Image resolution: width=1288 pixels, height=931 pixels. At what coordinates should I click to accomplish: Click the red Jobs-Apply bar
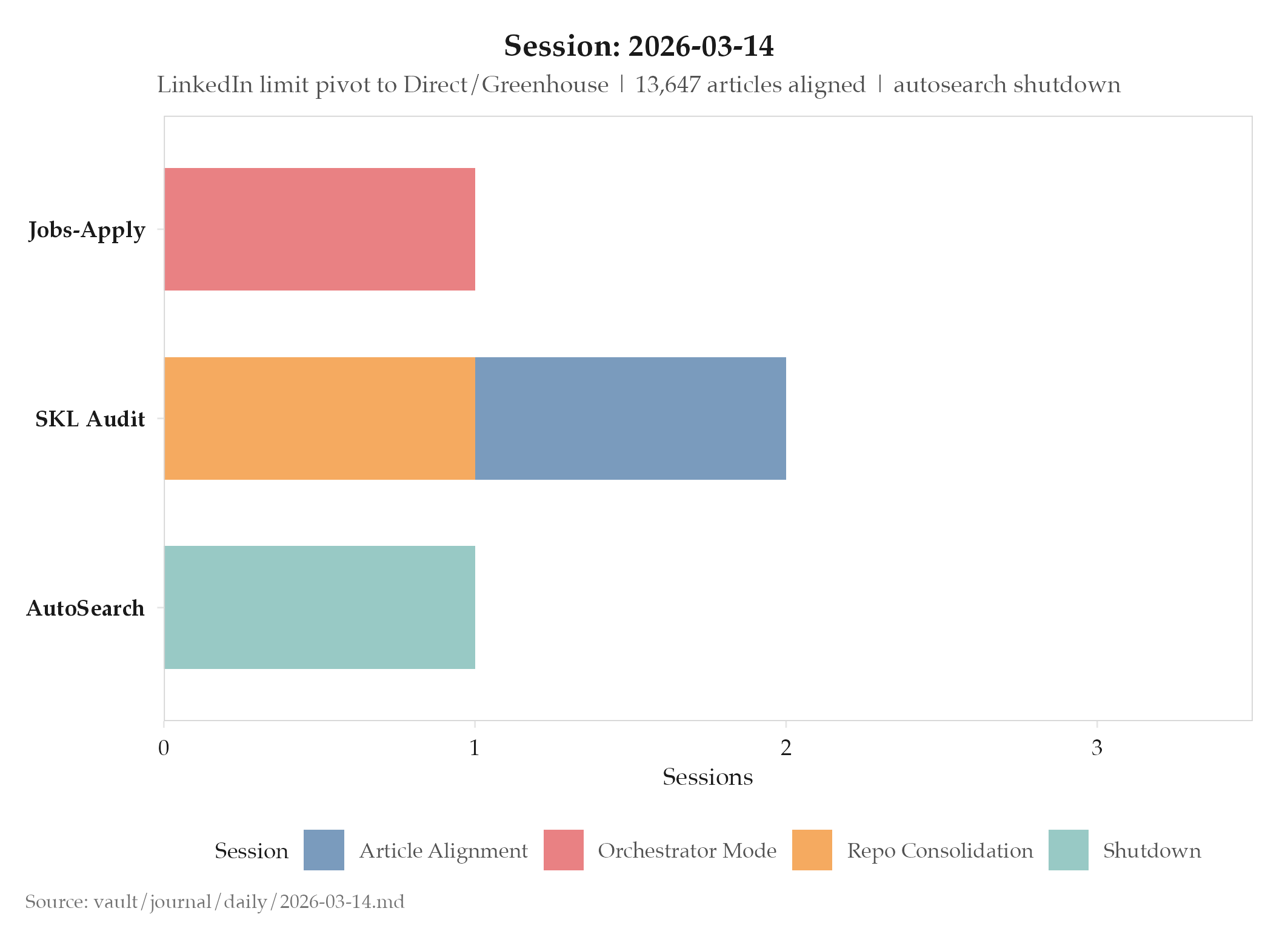[319, 229]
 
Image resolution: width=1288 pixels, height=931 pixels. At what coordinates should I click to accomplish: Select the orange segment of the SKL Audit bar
[319, 418]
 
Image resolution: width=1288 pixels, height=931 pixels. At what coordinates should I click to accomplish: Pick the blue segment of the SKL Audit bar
[630, 418]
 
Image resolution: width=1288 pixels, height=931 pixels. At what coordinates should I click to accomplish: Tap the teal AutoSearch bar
[319, 607]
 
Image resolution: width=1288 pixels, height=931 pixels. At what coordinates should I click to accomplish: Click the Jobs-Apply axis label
[87, 230]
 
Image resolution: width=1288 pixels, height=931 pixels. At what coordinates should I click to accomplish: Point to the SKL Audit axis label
[90, 419]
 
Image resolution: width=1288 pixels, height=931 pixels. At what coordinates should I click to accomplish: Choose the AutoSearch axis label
[85, 608]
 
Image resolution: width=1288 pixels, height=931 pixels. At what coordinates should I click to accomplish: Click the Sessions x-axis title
[707, 778]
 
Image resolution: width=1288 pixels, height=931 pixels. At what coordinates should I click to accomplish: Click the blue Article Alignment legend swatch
[324, 850]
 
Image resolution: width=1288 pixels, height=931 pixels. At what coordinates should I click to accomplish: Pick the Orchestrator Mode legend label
[687, 851]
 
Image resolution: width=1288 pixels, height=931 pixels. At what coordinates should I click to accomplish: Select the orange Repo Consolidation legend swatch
[812, 850]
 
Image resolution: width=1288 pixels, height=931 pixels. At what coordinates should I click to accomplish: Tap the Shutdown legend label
[1152, 851]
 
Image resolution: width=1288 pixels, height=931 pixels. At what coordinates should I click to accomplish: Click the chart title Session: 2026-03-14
[639, 46]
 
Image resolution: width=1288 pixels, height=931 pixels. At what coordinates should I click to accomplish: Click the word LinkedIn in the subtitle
[205, 85]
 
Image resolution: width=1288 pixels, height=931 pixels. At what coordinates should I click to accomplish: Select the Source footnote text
[215, 902]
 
